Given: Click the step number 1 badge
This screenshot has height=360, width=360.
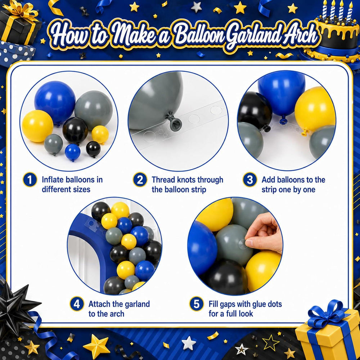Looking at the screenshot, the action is (x=30, y=180).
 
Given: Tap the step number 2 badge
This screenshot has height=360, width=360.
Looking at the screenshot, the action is (x=140, y=180).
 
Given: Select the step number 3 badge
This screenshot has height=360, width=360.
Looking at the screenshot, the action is (x=250, y=180).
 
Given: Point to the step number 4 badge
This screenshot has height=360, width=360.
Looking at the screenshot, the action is (x=77, y=304).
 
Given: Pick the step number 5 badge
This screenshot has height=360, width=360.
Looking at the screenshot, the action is (x=197, y=304).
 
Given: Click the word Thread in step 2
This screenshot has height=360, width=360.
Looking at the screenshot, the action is (x=165, y=180).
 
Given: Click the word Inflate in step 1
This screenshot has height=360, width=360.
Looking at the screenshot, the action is (x=53, y=180).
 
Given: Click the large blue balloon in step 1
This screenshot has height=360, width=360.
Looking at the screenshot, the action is (x=55, y=102).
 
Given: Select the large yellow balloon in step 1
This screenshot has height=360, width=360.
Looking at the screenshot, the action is (x=37, y=126).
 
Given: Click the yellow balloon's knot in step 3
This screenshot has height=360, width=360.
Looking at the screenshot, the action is (x=305, y=132).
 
